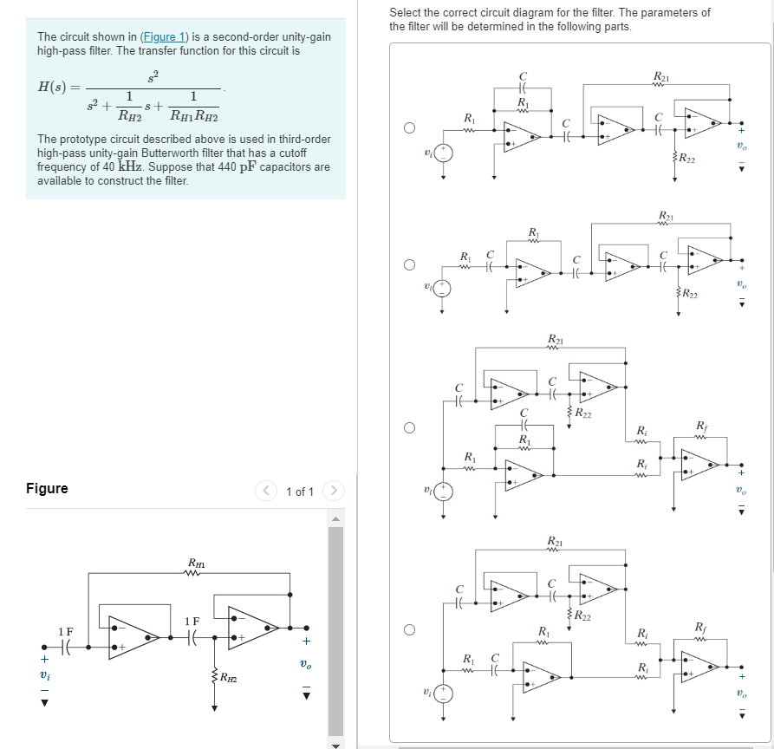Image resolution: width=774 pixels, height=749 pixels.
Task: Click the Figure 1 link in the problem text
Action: (x=163, y=36)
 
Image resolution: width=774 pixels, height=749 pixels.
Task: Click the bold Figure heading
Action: (x=47, y=488)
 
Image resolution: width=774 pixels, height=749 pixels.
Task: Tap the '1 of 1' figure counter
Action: (x=299, y=492)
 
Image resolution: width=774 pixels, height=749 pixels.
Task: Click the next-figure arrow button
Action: (x=334, y=492)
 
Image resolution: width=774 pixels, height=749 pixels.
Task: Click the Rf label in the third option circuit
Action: (x=701, y=424)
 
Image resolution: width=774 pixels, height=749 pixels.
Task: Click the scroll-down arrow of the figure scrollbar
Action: (x=335, y=743)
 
